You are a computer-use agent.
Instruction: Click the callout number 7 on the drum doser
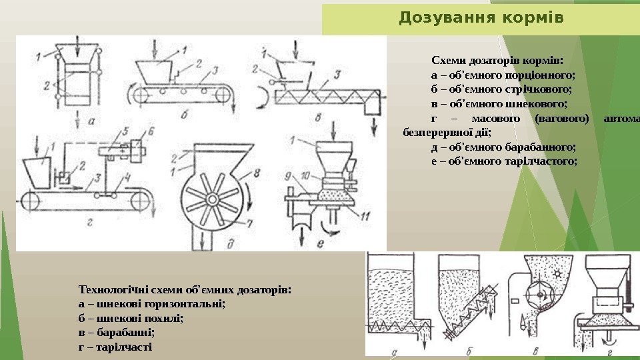(250, 222)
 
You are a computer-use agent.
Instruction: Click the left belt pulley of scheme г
(30, 199)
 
